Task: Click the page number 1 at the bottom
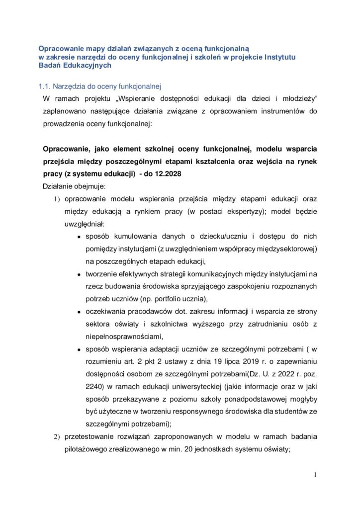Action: click(315, 475)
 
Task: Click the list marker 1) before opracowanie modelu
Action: click(56, 199)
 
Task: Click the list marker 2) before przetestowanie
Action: click(56, 437)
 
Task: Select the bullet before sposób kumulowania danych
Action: click(79, 237)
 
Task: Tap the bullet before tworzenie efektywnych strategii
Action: click(79, 274)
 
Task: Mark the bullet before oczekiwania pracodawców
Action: click(79, 312)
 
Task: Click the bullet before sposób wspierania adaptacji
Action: click(79, 349)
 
